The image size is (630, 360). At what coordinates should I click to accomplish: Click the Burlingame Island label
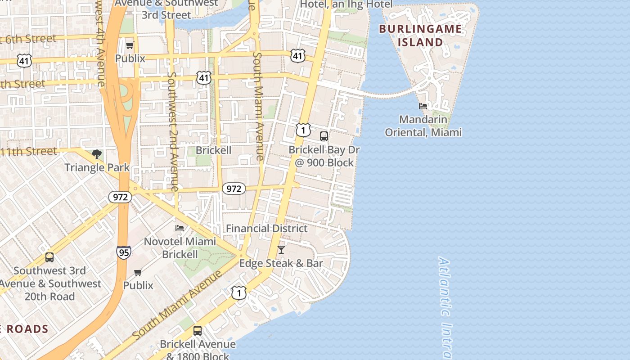click(x=420, y=36)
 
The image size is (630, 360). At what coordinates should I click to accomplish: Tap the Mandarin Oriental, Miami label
click(x=423, y=126)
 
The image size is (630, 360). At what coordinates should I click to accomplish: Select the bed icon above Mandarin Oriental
click(x=423, y=106)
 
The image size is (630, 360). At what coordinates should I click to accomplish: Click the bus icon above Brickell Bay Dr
click(x=324, y=136)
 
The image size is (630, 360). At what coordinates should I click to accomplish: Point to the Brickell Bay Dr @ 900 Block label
click(x=324, y=156)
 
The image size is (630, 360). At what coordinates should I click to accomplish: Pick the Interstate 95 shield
click(x=123, y=252)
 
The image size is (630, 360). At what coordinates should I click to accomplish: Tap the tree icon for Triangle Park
click(x=96, y=155)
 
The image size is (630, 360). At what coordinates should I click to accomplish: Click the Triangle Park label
click(x=97, y=168)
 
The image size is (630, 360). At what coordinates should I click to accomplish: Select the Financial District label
click(x=266, y=229)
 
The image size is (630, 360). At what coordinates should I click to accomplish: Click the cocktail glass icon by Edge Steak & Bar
click(x=281, y=250)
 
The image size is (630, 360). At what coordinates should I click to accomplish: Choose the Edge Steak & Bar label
click(x=281, y=263)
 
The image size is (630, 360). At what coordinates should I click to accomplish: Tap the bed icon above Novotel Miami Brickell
click(x=180, y=228)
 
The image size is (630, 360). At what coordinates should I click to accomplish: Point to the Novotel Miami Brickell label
click(x=180, y=248)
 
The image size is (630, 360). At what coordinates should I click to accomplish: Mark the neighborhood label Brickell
click(x=214, y=150)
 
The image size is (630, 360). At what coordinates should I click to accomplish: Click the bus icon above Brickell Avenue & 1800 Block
click(x=197, y=331)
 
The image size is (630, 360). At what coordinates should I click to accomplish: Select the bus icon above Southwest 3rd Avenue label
click(x=49, y=257)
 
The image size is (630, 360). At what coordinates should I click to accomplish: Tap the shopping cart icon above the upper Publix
click(x=130, y=45)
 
